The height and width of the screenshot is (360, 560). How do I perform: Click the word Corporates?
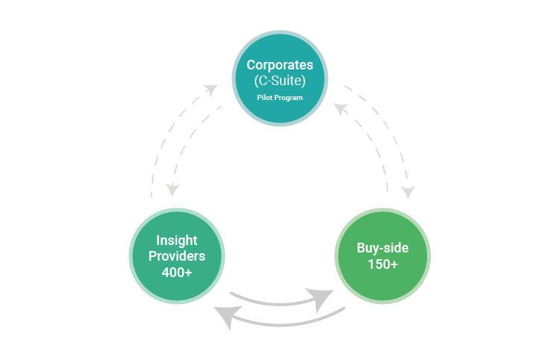(280, 64)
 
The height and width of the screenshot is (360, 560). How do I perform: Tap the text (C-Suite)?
(280, 81)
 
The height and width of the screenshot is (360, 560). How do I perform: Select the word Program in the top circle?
(290, 98)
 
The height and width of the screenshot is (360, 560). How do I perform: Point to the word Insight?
(177, 240)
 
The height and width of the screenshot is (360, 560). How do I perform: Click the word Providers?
(177, 256)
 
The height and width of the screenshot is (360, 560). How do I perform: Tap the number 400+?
(177, 273)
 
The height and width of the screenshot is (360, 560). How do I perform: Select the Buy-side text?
(382, 247)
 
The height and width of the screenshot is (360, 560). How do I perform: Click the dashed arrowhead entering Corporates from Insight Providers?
(211, 90)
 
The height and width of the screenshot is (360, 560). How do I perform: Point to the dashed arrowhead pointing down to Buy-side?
(407, 192)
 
